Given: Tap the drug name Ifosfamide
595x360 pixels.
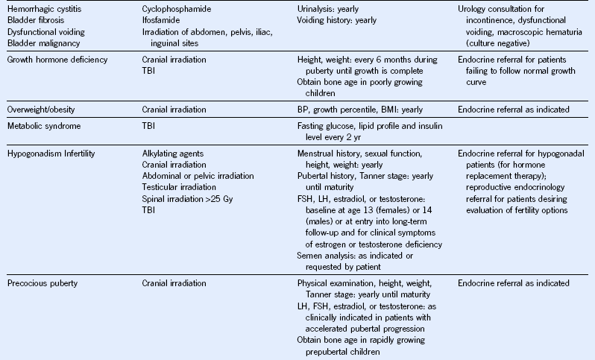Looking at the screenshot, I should pyautogui.click(x=160, y=20).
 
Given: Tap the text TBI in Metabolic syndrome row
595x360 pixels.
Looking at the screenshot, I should pyautogui.click(x=149, y=127).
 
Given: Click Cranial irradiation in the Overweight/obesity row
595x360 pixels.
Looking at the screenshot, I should pyautogui.click(x=174, y=110).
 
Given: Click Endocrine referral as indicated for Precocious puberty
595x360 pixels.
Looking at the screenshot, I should pyautogui.click(x=513, y=283).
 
